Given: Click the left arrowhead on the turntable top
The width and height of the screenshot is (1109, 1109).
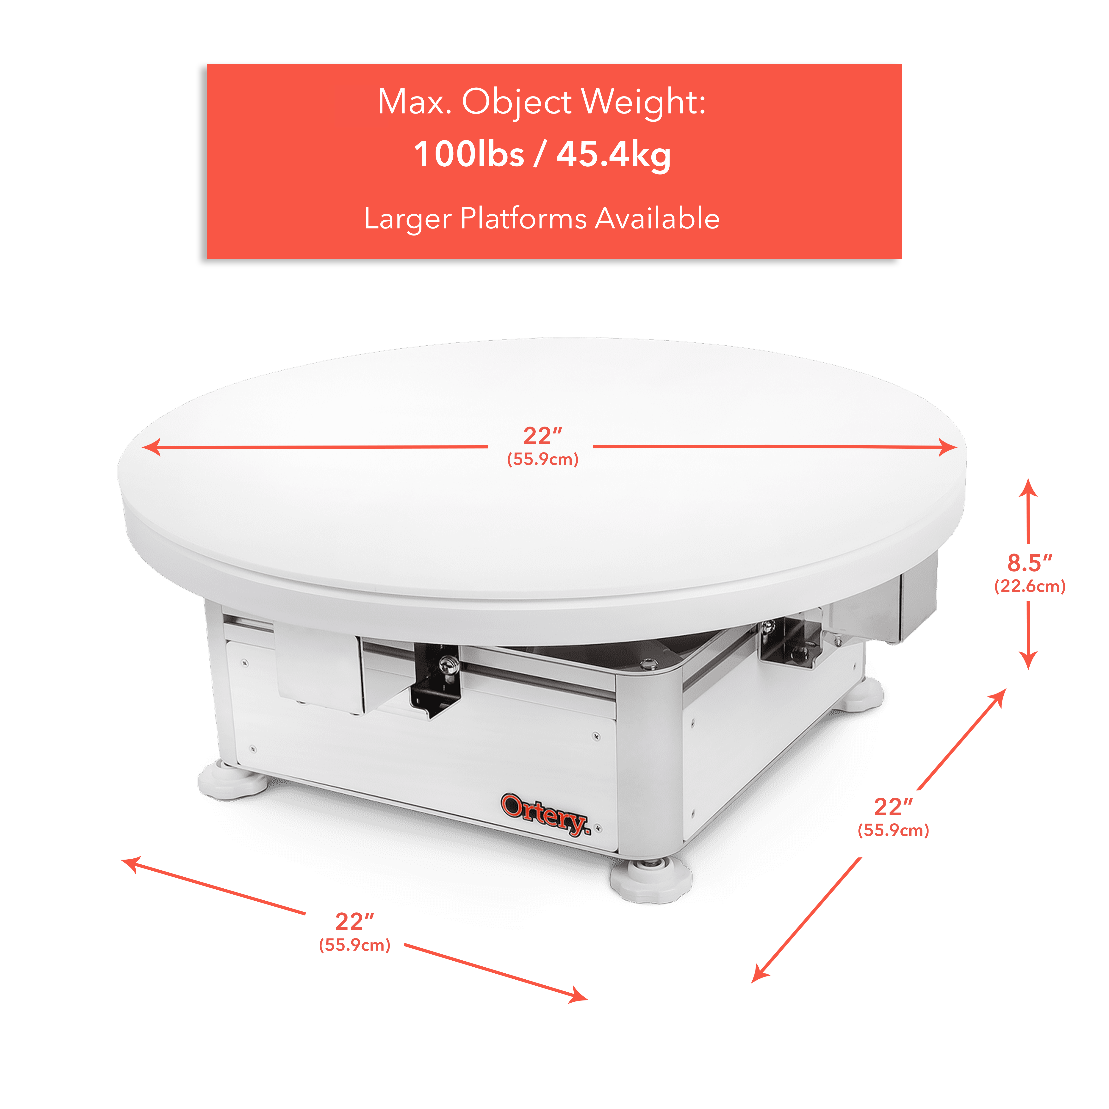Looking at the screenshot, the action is [150, 446].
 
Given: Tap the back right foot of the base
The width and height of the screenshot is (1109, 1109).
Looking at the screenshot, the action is [861, 693].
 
